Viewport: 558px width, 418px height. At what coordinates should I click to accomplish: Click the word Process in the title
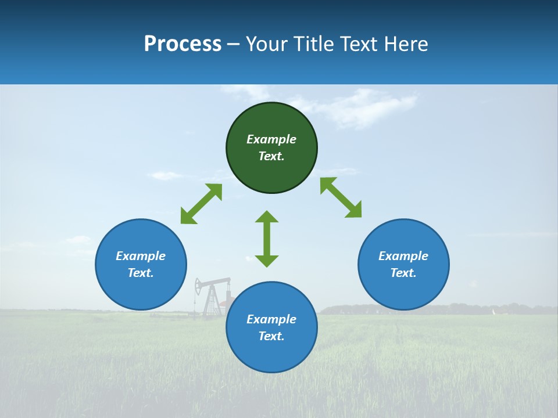tap(183, 44)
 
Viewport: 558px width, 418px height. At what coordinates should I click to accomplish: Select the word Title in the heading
tap(314, 44)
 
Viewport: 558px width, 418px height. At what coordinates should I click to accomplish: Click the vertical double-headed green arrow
tap(267, 239)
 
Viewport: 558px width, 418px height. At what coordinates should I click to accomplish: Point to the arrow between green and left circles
tap(201, 204)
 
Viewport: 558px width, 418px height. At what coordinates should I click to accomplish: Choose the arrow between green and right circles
tap(341, 197)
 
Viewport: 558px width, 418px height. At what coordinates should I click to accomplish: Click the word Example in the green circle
tap(271, 139)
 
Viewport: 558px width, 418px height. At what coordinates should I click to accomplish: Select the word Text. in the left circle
tap(141, 273)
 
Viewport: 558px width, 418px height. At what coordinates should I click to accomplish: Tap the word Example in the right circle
tap(403, 256)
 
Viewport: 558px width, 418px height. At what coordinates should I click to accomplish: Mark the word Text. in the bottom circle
tap(271, 336)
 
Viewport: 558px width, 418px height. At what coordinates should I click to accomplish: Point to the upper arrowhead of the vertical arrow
tap(267, 217)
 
